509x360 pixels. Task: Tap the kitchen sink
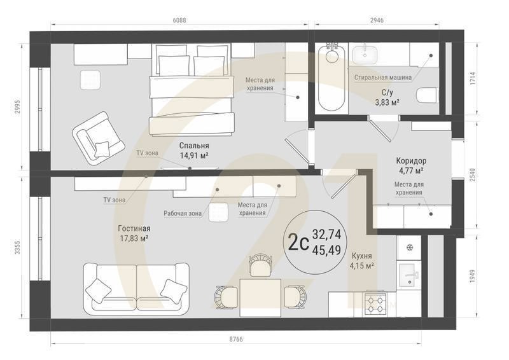407,275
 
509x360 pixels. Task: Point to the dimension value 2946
378,20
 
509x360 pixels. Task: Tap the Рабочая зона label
183,214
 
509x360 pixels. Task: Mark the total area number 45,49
326,249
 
